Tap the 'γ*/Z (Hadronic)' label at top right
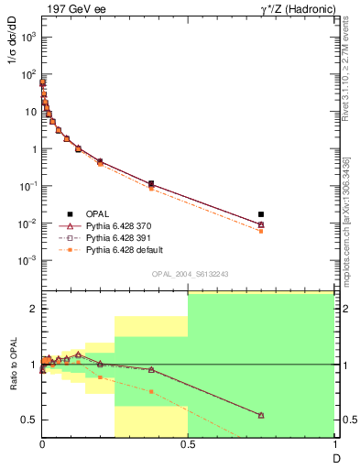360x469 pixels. pyautogui.click(x=295, y=8)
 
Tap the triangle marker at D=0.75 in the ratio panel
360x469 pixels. pyautogui.click(x=261, y=415)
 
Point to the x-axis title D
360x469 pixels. pyautogui.click(x=334, y=457)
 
